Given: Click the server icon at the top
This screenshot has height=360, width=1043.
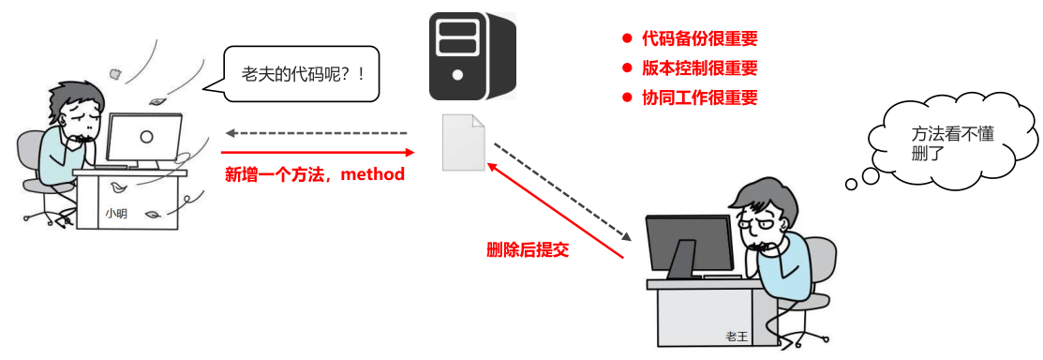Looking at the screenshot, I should pos(472,55).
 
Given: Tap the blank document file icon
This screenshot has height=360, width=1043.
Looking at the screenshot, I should pos(464,142).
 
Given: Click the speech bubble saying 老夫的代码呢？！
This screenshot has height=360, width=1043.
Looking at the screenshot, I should pos(302,75).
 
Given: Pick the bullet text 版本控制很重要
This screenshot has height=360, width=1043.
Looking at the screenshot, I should pos(699,68).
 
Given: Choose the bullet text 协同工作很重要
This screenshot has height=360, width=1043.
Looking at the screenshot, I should pos(699,97).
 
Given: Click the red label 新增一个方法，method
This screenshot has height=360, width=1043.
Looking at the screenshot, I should pos(315,174).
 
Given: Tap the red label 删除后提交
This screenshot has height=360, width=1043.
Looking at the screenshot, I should pos(528,249).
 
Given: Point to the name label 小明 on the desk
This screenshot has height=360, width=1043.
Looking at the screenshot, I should pos(116,214).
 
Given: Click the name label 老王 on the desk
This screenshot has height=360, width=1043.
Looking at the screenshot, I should pos(738,335).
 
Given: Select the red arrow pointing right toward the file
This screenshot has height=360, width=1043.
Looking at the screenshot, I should pos(319,152).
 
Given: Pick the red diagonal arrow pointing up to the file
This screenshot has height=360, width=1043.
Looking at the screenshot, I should pos(554,208).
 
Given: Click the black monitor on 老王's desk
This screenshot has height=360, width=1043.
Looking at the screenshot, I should pos(688,247).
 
